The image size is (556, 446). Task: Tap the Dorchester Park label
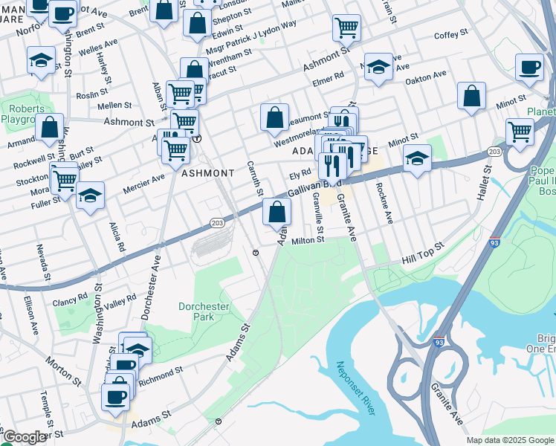tap(204, 311)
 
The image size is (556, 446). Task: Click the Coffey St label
tap(450, 34)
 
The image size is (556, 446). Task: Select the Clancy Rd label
tap(70, 301)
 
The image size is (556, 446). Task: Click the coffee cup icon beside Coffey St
tap(529, 68)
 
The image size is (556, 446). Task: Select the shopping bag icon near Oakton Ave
tap(471, 96)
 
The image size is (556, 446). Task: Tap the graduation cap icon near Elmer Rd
tap(378, 68)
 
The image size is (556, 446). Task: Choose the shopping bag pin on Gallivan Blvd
tap(277, 212)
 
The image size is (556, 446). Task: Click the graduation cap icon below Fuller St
tap(90, 196)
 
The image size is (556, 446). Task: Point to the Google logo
tap(24, 438)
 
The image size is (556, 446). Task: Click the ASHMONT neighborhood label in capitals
tap(208, 172)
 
